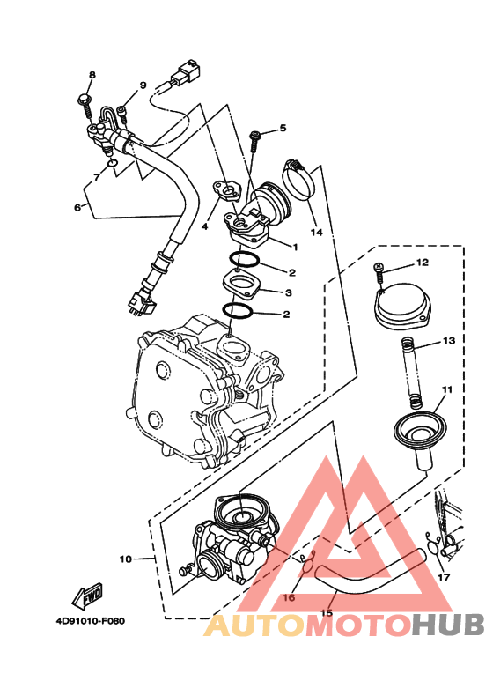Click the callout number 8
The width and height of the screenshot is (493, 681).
click(92, 75)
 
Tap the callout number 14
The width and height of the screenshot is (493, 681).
click(316, 233)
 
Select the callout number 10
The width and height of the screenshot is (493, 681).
click(125, 559)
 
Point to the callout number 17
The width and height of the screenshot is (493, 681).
click(444, 578)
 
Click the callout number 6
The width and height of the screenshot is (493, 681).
click(77, 208)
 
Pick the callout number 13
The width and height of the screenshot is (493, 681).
click(449, 340)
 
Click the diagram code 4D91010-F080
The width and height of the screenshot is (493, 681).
click(91, 621)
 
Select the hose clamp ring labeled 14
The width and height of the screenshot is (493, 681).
click(299, 181)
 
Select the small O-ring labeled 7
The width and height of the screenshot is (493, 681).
click(112, 163)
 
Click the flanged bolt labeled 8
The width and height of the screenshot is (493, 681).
click(85, 106)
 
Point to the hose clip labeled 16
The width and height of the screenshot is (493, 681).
click(307, 563)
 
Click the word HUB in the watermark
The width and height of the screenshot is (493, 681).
click(448, 625)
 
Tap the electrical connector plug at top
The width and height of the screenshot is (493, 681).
click(185, 75)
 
